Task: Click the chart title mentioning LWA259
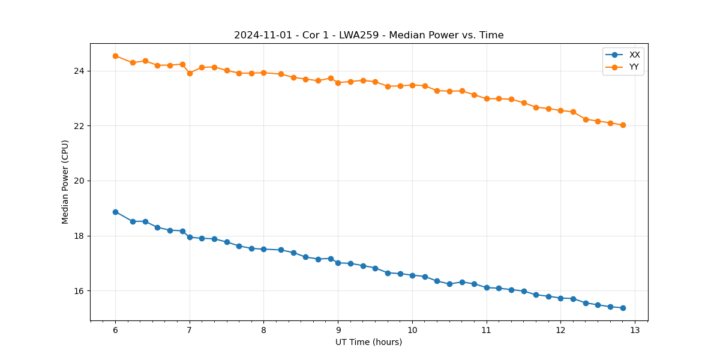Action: (x=368, y=35)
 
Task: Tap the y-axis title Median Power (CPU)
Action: (x=65, y=182)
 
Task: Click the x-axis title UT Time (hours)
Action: (x=368, y=342)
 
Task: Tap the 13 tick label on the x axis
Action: (x=635, y=330)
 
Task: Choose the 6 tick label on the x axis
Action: (x=115, y=330)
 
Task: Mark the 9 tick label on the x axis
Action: (x=338, y=330)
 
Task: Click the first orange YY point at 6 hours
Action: (x=115, y=56)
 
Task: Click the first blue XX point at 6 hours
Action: (x=115, y=212)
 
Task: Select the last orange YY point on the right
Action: (x=623, y=125)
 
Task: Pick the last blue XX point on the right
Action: (x=623, y=308)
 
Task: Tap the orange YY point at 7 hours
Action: (x=190, y=73)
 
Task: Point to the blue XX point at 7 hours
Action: (x=190, y=237)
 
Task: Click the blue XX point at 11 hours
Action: (x=487, y=287)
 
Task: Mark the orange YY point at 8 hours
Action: (x=263, y=73)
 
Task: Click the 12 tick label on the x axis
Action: (x=560, y=330)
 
